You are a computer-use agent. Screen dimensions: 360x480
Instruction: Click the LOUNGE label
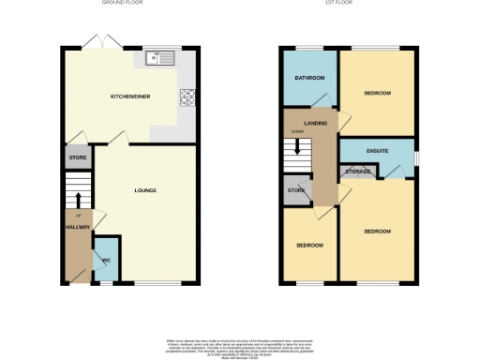[x=145, y=191]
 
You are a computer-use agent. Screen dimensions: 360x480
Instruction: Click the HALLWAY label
[x=76, y=227]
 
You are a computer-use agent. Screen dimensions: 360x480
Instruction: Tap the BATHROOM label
[x=310, y=78]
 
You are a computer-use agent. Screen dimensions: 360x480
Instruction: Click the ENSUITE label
[x=376, y=152]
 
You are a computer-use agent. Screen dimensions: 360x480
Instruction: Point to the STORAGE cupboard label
[x=358, y=172]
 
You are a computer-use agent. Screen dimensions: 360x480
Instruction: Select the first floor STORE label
[x=296, y=191]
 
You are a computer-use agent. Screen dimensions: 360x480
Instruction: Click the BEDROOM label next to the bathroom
[x=377, y=94]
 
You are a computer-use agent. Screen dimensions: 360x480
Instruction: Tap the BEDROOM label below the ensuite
[x=377, y=231]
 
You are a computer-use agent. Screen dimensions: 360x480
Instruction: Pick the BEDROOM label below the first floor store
[x=309, y=246]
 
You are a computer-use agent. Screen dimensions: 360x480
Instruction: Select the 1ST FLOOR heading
[x=360, y=4]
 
